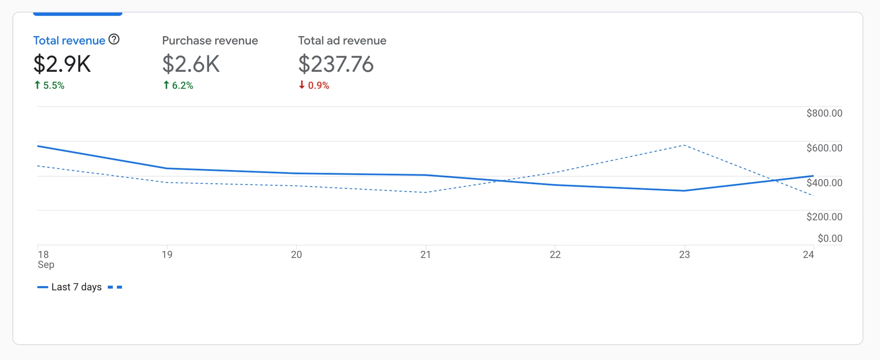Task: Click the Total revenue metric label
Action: point(69,41)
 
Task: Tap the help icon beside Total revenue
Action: point(114,40)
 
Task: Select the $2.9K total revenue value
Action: point(62,64)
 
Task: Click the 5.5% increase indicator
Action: point(49,85)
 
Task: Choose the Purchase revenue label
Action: point(210,41)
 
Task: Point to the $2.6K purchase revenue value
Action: point(191,64)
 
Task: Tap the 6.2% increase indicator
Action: point(178,85)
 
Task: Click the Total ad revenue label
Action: point(342,41)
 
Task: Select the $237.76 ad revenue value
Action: point(336,64)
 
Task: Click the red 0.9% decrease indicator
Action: point(314,85)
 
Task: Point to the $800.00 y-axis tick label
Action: point(824,113)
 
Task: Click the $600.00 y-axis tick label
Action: point(824,148)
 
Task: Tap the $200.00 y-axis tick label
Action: point(824,217)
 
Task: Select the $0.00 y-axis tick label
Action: point(830,238)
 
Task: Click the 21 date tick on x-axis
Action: point(425,255)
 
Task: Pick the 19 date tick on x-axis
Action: point(167,255)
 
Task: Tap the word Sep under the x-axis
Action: point(46,265)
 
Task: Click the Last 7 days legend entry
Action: point(76,287)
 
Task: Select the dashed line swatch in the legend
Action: point(115,287)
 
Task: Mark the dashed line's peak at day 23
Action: point(684,145)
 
